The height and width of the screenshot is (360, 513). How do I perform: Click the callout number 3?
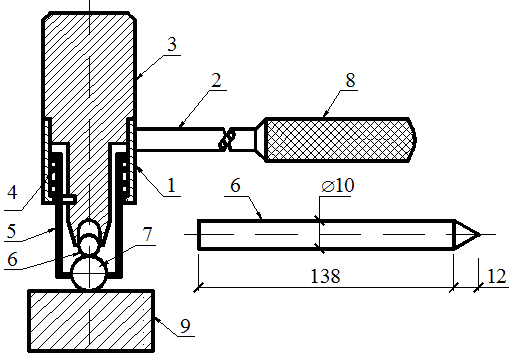pyautogui.click(x=172, y=44)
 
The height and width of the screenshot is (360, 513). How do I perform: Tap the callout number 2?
pyautogui.click(x=216, y=80)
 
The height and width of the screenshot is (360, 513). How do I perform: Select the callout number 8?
pyautogui.click(x=350, y=80)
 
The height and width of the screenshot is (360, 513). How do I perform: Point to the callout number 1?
pyautogui.click(x=171, y=185)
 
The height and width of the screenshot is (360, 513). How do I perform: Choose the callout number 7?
pyautogui.click(x=147, y=234)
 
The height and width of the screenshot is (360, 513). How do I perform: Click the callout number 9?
pyautogui.click(x=185, y=326)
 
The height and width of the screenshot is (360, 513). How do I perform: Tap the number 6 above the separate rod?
pyautogui.click(x=235, y=185)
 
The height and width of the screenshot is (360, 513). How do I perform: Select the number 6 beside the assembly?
pyautogui.click(x=12, y=259)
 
